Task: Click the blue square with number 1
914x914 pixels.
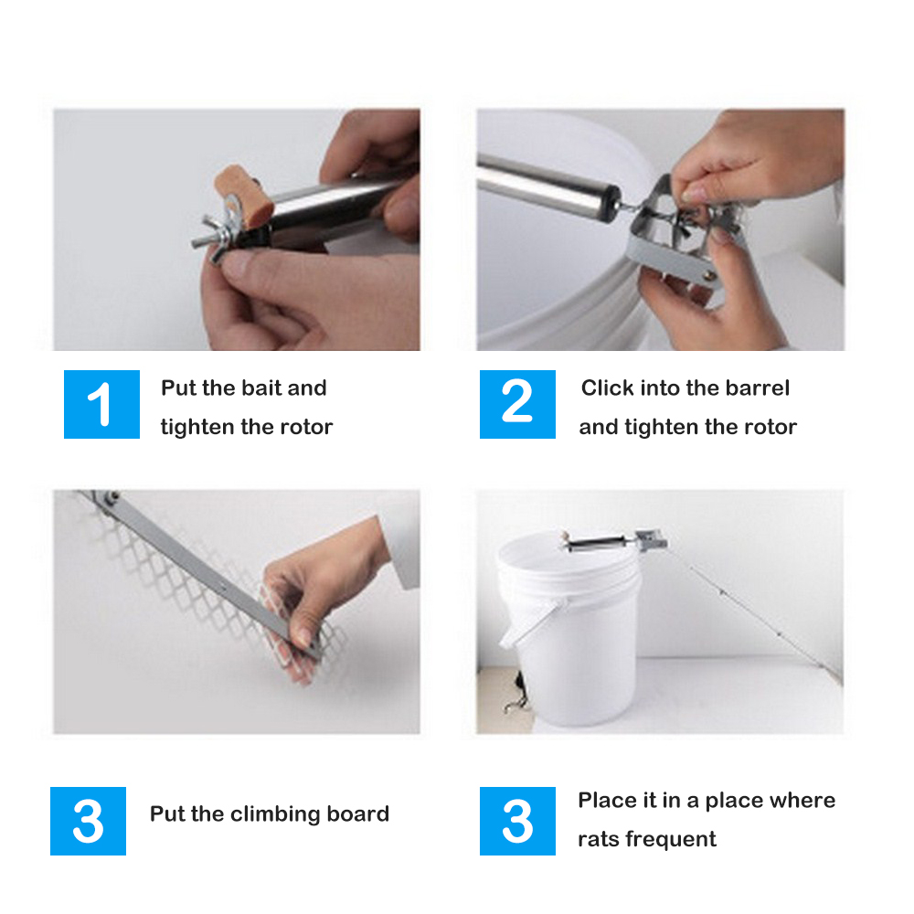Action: [101, 404]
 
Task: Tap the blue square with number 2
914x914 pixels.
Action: [517, 404]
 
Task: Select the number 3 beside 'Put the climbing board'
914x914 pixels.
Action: [88, 821]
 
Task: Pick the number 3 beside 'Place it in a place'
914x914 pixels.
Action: [517, 821]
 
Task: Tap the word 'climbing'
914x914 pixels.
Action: [275, 814]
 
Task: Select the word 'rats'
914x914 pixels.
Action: [598, 839]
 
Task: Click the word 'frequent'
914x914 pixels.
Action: [671, 839]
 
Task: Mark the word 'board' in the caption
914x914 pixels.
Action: [358, 813]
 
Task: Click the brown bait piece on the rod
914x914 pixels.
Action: [245, 196]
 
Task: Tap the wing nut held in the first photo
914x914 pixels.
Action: [217, 239]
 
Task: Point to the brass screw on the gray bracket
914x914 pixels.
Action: [709, 275]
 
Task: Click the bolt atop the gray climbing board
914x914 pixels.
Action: [110, 497]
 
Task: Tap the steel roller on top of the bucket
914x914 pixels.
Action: [596, 545]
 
